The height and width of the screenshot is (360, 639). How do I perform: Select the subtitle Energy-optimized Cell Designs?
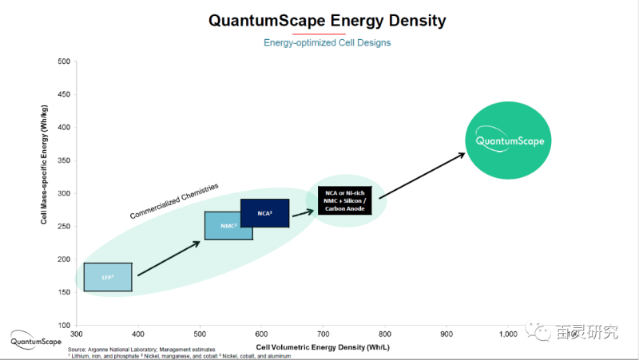[327, 42]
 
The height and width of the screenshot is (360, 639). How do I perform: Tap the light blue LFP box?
[108, 277]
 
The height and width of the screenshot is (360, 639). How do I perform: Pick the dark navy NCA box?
[264, 213]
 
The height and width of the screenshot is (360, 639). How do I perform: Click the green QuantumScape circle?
[510, 140]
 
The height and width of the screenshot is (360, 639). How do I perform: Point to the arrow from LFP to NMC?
[169, 258]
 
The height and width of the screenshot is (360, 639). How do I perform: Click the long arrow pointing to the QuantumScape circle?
[422, 176]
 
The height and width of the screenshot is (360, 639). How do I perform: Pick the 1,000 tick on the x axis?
[508, 333]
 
